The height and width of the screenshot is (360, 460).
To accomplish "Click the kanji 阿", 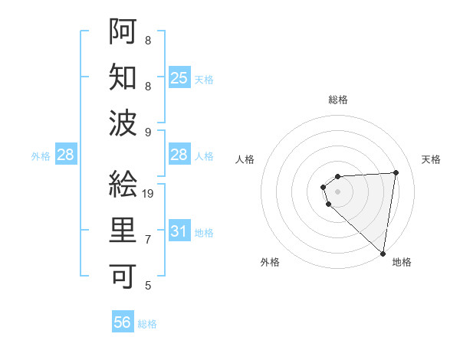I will click(123, 32).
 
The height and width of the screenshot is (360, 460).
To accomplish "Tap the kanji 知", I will click(123, 77).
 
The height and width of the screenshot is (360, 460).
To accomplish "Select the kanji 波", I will click(123, 123).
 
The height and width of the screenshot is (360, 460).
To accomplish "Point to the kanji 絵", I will click(123, 185).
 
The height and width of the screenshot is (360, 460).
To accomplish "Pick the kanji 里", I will click(123, 230).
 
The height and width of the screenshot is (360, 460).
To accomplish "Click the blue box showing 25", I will click(179, 78).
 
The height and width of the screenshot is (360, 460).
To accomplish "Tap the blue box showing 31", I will click(179, 231).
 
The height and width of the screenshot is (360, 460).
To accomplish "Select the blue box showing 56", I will click(123, 322).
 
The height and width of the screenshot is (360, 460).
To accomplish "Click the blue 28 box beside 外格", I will click(66, 155).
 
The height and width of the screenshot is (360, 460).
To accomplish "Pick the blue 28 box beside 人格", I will click(179, 155).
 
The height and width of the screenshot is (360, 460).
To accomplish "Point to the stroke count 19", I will click(149, 194).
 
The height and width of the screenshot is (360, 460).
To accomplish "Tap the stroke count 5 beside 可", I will click(148, 286).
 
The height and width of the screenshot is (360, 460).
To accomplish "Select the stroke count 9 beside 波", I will click(148, 133).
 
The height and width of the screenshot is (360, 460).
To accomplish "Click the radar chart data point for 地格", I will click(383, 253).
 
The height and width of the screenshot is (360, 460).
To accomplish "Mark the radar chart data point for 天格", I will click(396, 172).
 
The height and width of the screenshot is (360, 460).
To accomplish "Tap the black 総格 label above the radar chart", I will click(337, 100).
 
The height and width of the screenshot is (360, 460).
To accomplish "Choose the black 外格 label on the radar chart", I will click(270, 262).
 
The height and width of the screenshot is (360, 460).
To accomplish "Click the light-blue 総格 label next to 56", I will click(147, 324).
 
